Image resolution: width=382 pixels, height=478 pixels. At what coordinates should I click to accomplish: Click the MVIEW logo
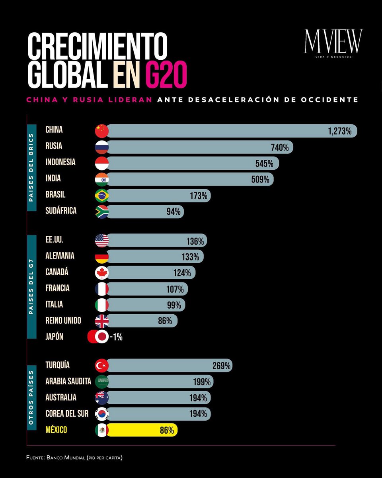[333, 43]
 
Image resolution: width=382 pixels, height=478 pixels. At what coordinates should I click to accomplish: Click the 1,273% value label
[340, 131]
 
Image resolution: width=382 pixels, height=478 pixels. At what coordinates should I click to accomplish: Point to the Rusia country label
[54, 146]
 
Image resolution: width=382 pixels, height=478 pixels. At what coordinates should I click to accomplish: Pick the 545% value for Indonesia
[264, 164]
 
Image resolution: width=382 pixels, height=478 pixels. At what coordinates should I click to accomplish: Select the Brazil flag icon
[102, 196]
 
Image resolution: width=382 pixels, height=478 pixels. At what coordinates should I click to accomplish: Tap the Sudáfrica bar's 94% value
[173, 212]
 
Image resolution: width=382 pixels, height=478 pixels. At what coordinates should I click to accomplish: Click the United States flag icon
[102, 241]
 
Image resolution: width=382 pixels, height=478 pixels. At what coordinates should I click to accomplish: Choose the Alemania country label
[60, 255]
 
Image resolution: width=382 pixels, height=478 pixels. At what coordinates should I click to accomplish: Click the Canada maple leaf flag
[102, 273]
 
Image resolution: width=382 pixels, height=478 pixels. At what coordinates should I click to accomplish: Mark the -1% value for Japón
[116, 337]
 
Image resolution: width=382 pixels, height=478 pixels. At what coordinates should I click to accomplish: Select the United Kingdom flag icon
[102, 321]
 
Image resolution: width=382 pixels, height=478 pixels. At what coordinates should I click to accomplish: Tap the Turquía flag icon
[102, 365]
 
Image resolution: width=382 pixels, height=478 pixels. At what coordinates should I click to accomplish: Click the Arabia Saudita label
[68, 381]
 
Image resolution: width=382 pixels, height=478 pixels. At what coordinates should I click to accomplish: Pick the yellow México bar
[141, 430]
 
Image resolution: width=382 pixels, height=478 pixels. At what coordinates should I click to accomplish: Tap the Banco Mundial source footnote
[74, 458]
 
